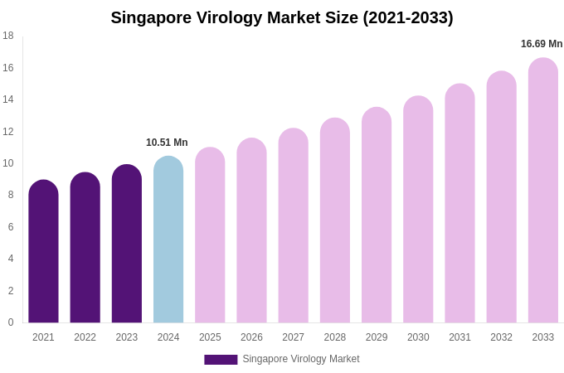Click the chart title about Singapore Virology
[282, 17]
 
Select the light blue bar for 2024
[168, 240]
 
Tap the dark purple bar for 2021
[43, 252]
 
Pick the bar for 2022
[85, 249]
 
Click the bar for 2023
[127, 245]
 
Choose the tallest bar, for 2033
[543, 191]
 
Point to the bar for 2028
[335, 221]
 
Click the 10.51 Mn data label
[167, 143]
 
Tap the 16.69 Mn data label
[542, 44]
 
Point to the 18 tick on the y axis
[8, 36]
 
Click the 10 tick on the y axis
[8, 163]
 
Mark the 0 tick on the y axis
[10, 322]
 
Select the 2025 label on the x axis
[210, 337]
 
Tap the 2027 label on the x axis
[293, 337]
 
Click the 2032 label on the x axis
[501, 337]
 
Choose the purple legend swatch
[221, 360]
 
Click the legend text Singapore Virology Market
[301, 359]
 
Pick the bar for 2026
[251, 231]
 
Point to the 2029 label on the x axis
[377, 337]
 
